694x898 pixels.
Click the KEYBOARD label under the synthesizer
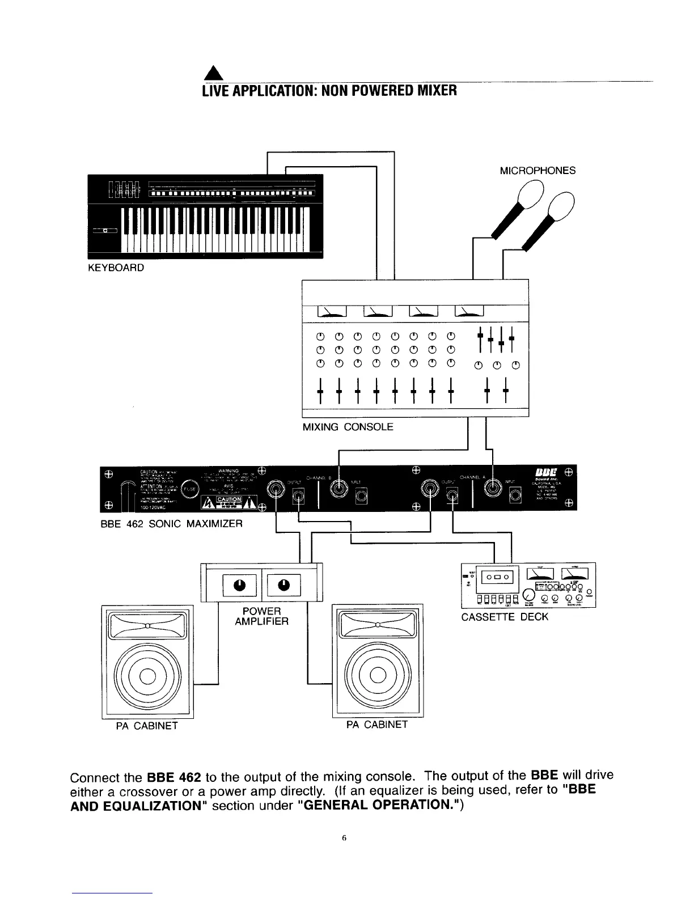pyautogui.click(x=116, y=267)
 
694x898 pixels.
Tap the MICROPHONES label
pyautogui.click(x=538, y=170)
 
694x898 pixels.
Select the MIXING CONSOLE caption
pyautogui.click(x=348, y=427)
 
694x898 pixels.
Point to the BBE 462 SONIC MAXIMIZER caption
pyautogui.click(x=171, y=524)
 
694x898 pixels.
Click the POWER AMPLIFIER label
pyautogui.click(x=261, y=616)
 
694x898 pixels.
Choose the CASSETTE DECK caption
pyautogui.click(x=505, y=617)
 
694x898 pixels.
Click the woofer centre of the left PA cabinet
pyautogui.click(x=147, y=675)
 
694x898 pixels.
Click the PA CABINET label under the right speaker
pyautogui.click(x=377, y=725)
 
